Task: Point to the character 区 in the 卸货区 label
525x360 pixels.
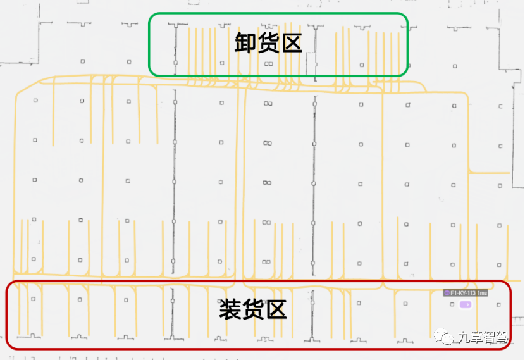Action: pos(291,43)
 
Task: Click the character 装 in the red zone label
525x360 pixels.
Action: pos(230,309)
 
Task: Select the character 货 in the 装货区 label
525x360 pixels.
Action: pos(253,309)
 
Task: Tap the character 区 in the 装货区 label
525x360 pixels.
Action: pos(276,309)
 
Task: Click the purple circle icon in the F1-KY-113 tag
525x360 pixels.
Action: pos(447,293)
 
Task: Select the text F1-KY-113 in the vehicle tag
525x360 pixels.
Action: pos(463,293)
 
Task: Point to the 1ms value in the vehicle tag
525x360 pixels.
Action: pos(482,293)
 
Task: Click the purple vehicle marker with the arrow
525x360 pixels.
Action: pos(466,305)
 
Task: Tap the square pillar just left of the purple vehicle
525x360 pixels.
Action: pos(452,305)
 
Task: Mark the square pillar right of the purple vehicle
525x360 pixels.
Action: pos(499,305)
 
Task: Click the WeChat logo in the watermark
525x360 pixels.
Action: pos(447,338)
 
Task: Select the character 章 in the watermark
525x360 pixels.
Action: pos(477,338)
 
